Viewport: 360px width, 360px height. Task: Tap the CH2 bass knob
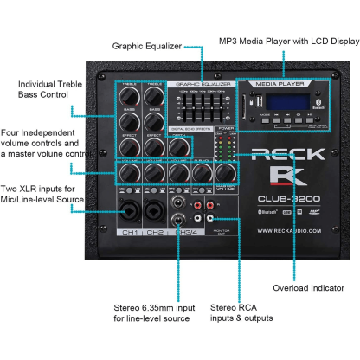[x=154, y=120]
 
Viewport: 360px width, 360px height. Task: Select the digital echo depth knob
[x=179, y=145]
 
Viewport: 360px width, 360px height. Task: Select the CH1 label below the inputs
[x=130, y=232]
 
